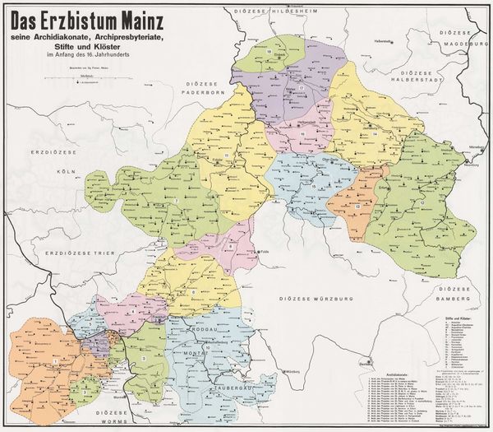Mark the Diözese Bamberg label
[457, 299]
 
